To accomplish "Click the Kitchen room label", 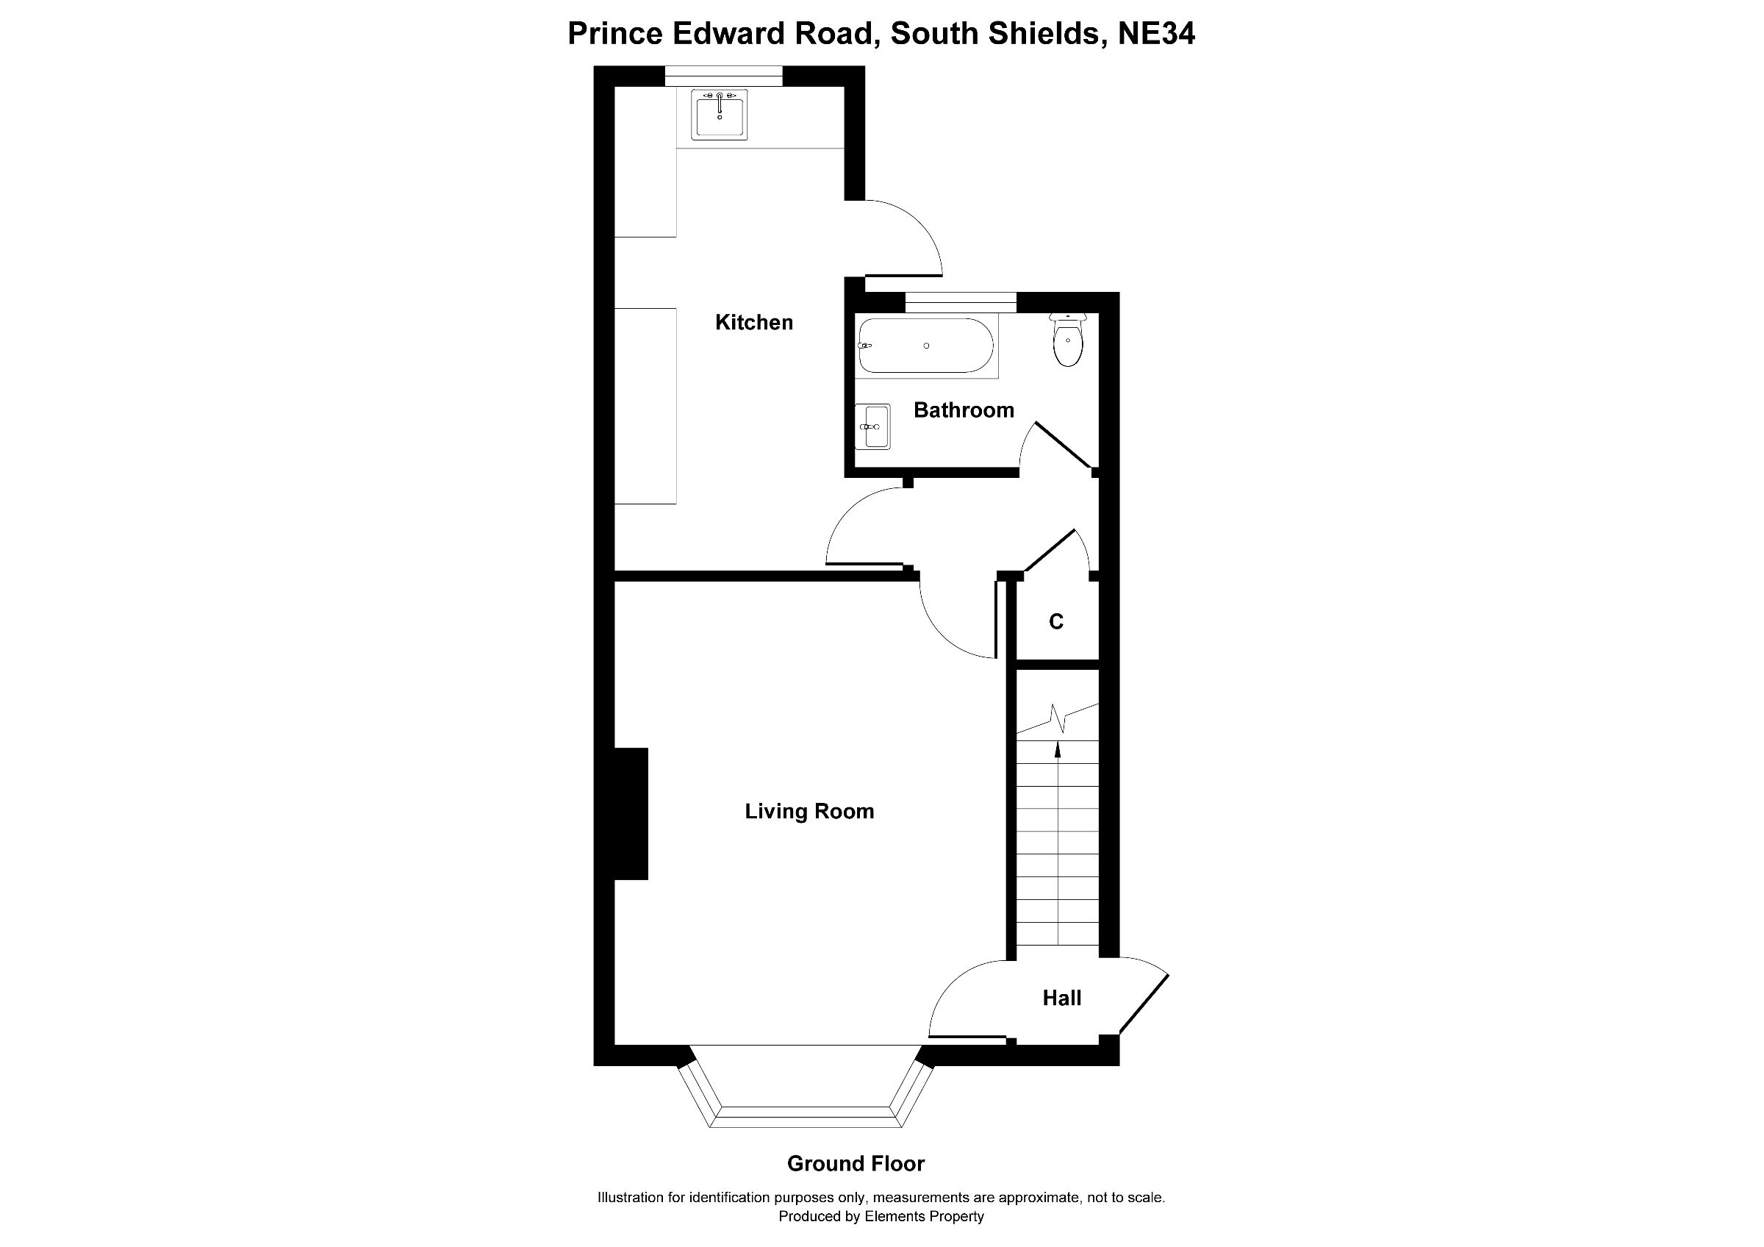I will point(753,323).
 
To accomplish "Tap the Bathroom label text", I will point(964,410).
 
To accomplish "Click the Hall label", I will point(1061,998).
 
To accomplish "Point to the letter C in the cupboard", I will point(1055,621).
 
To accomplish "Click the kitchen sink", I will point(719,115).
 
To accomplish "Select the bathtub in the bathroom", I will point(926,346).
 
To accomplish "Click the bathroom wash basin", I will point(874,426).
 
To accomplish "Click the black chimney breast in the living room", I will point(631,814).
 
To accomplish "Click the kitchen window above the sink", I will point(723,75).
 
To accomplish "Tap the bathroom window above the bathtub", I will point(961,302).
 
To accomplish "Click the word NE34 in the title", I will point(1155,34).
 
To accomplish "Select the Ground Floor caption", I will point(855,1163).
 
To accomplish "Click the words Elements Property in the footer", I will point(923,1216).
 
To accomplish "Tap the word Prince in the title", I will point(614,34).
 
